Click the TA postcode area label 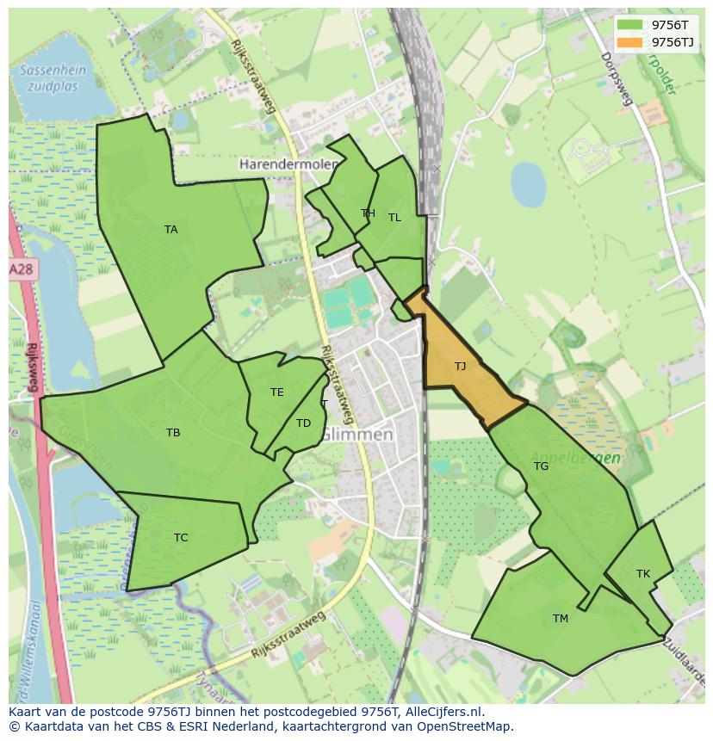click(x=170, y=229)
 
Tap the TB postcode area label click(x=173, y=433)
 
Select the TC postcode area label click(x=181, y=538)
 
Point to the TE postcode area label click(x=276, y=392)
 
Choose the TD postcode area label click(x=303, y=423)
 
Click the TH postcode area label click(x=368, y=213)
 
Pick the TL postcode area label click(x=394, y=218)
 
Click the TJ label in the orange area click(x=460, y=367)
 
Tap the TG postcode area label click(x=541, y=466)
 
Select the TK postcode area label click(x=643, y=573)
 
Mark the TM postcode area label click(x=561, y=618)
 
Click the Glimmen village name click(x=358, y=435)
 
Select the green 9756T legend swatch click(x=629, y=25)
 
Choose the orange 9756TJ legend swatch click(x=629, y=42)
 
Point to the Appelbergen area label click(x=576, y=458)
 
